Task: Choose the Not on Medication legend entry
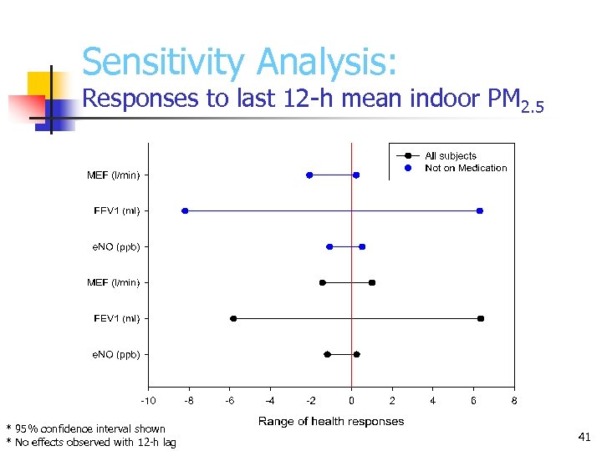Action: pyautogui.click(x=465, y=168)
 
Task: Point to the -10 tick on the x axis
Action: pyautogui.click(x=148, y=401)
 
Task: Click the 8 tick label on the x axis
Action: pyautogui.click(x=514, y=401)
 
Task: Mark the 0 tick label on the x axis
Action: pyautogui.click(x=351, y=401)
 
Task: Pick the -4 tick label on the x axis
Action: pyautogui.click(x=269, y=401)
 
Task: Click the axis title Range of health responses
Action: pyautogui.click(x=331, y=422)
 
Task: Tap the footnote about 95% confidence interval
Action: pyautogui.click(x=86, y=428)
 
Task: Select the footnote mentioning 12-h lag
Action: pyautogui.click(x=91, y=442)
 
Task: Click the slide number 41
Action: pyautogui.click(x=584, y=436)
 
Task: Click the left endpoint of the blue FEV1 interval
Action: pyautogui.click(x=185, y=210)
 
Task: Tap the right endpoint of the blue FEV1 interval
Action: pyautogui.click(x=480, y=210)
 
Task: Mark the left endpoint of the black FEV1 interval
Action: pyautogui.click(x=233, y=318)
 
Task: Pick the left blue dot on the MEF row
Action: pyautogui.click(x=309, y=175)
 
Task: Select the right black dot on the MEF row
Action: pyautogui.click(x=372, y=282)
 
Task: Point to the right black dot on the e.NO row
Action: pyautogui.click(x=356, y=354)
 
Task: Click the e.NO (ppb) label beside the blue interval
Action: pyautogui.click(x=115, y=246)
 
